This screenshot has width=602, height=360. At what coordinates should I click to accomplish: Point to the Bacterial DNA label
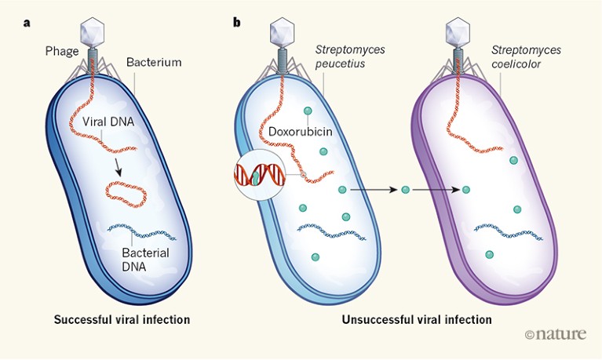(x=148, y=260)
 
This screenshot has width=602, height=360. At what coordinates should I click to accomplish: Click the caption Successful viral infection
(x=122, y=320)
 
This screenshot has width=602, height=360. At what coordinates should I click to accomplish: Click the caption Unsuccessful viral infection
(x=417, y=320)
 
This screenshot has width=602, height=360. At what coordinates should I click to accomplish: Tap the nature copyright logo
(x=556, y=335)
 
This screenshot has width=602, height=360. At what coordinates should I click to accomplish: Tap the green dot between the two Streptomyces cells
(x=406, y=190)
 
